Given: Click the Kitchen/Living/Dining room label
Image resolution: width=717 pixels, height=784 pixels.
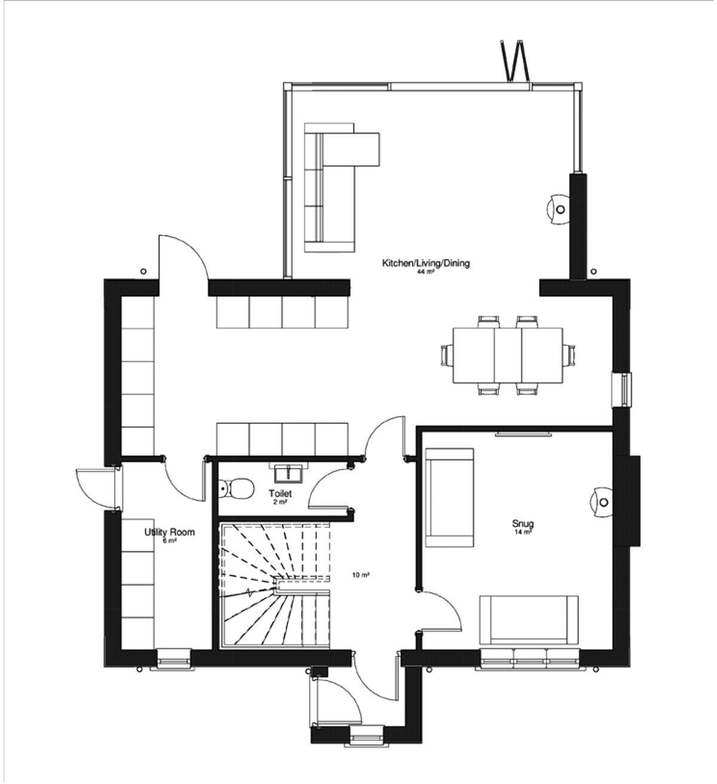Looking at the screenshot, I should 426,263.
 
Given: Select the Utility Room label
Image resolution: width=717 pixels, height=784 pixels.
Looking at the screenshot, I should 169,532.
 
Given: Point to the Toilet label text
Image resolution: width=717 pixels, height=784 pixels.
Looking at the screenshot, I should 280,494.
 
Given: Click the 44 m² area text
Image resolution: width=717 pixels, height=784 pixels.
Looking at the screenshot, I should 425,272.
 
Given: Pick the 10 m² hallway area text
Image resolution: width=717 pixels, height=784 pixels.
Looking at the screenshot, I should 360,575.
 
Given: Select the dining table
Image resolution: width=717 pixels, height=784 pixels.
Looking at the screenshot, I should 508,355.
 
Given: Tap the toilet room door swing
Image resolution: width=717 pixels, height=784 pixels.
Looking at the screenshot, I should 329,488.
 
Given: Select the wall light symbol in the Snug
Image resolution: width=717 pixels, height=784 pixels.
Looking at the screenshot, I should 601,501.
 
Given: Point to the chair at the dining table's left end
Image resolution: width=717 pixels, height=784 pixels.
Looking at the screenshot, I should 446,355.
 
